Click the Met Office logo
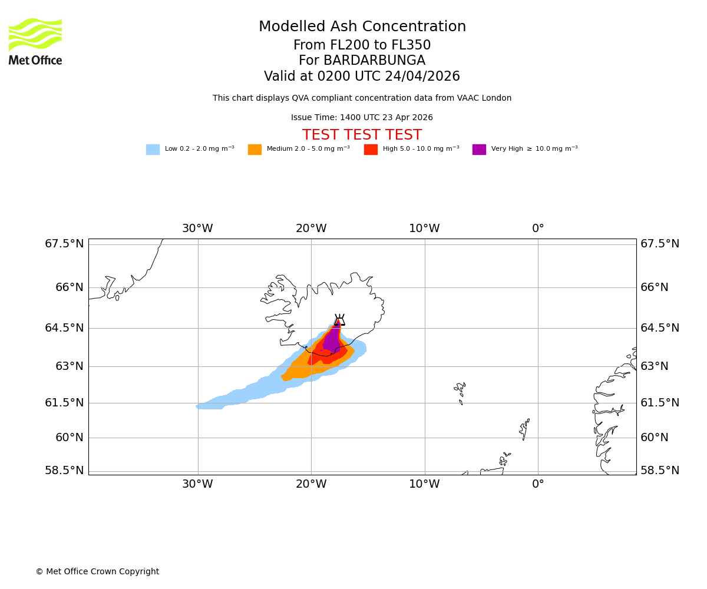(35, 41)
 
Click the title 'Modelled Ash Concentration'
(362, 27)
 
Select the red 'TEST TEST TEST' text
(362, 135)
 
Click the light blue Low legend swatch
(153, 150)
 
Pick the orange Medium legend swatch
(255, 150)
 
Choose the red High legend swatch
(371, 150)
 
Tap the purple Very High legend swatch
(479, 150)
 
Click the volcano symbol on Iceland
(339, 320)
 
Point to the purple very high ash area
(332, 340)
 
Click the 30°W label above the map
(197, 229)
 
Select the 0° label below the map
(538, 484)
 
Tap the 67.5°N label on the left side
(64, 244)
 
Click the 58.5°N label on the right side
(660, 471)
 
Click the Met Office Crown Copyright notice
(97, 572)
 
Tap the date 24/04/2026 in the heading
(422, 77)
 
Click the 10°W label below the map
(424, 484)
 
